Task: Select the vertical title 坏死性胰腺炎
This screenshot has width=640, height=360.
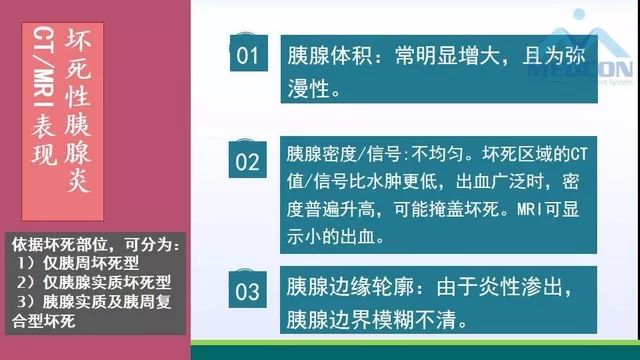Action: point(80,110)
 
